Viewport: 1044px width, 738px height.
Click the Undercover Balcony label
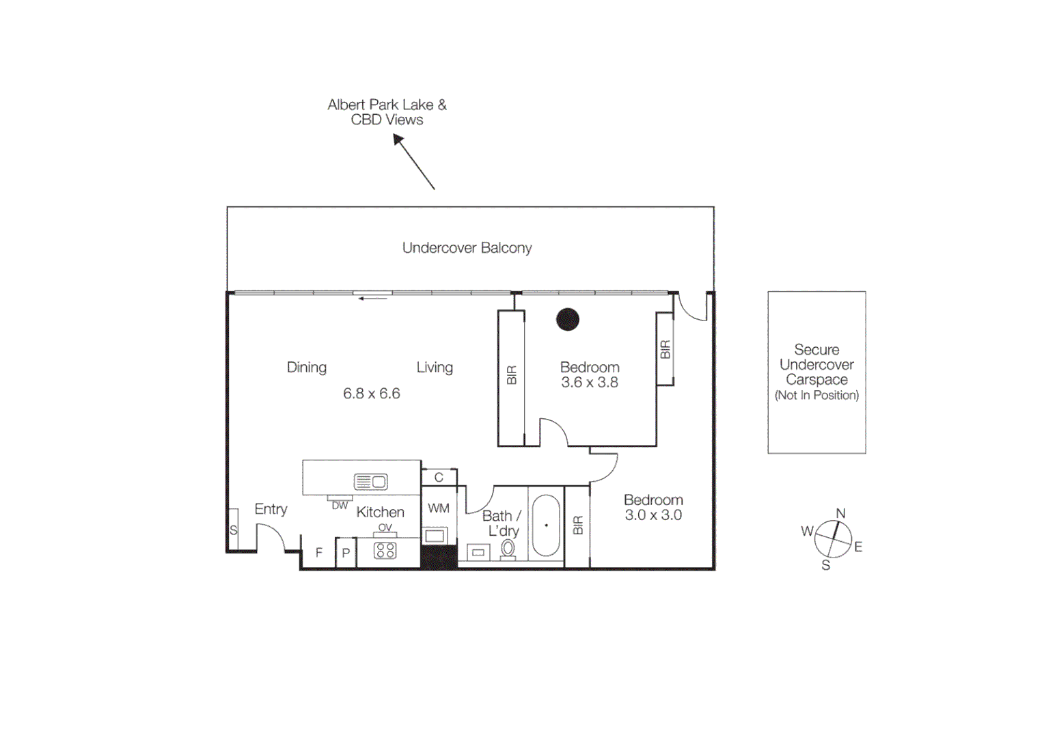[x=467, y=248]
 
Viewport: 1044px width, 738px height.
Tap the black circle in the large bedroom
[x=568, y=319]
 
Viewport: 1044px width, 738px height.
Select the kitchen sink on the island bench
[x=370, y=482]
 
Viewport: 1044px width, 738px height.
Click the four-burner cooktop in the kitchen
[x=385, y=550]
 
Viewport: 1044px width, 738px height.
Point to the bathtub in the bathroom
[x=546, y=525]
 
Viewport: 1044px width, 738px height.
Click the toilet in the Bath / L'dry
[x=508, y=549]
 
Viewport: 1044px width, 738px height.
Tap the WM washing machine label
[x=439, y=508]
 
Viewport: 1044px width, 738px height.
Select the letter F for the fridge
[x=318, y=553]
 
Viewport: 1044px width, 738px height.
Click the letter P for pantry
[x=346, y=553]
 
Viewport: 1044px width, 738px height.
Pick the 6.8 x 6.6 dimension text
[x=372, y=394]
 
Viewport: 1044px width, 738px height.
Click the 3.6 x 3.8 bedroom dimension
[x=590, y=383]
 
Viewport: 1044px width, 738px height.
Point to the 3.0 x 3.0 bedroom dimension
[x=653, y=515]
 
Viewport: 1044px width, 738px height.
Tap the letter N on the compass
[x=840, y=513]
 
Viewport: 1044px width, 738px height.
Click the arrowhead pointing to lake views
[x=398, y=139]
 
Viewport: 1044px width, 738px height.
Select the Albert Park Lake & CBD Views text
[x=387, y=112]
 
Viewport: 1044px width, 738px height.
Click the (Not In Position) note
[x=816, y=395]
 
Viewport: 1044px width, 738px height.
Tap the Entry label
[x=271, y=509]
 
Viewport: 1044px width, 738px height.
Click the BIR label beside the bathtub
[x=578, y=525]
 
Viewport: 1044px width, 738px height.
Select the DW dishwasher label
[x=340, y=506]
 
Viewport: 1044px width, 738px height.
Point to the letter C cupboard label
[x=439, y=478]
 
